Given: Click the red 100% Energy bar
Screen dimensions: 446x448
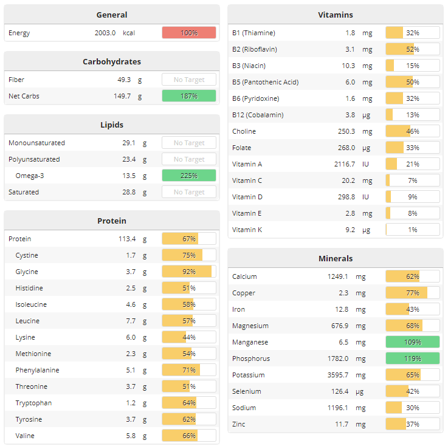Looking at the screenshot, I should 188,33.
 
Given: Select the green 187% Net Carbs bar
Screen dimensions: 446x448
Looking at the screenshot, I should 188,96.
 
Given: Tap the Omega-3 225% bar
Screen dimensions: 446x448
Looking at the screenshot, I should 188,176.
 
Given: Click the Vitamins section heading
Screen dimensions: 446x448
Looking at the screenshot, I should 335,15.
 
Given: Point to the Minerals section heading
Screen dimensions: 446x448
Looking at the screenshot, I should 335,258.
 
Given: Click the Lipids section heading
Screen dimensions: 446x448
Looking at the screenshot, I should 112,125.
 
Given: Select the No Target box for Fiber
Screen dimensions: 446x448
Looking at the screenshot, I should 188,80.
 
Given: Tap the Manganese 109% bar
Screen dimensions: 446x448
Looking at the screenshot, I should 412,342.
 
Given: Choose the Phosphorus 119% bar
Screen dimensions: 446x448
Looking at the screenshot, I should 412,359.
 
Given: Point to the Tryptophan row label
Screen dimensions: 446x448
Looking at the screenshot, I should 33,403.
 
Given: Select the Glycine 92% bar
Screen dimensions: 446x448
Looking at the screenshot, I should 188,272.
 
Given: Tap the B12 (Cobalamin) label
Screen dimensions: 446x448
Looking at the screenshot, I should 258,115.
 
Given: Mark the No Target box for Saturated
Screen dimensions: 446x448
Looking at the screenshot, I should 188,192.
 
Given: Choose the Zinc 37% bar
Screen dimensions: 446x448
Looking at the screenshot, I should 412,424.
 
